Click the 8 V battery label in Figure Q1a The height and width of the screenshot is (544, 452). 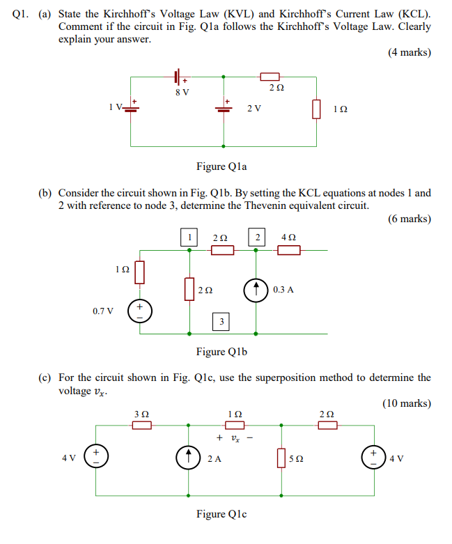[182, 92]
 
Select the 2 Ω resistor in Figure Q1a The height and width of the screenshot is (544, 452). [270, 76]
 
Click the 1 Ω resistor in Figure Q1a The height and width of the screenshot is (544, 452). [317, 109]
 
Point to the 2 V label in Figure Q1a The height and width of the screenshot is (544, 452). [254, 109]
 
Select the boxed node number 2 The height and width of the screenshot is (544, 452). [258, 238]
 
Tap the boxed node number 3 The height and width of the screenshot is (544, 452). [221, 321]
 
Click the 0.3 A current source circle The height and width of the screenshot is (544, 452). [257, 289]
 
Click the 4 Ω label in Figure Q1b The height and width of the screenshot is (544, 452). [288, 238]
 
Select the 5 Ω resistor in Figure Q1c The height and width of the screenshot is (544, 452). [282, 458]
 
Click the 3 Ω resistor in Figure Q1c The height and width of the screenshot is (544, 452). [142, 425]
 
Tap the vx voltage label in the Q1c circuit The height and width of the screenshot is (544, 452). [234, 439]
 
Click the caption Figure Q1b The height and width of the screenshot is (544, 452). [221, 352]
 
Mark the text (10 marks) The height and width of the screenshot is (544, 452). [407, 403]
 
